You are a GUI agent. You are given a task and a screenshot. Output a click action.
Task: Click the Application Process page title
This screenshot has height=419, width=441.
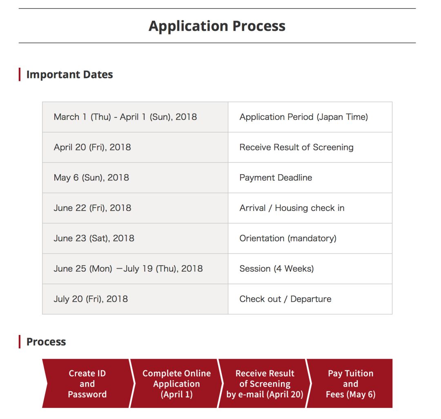click(x=217, y=26)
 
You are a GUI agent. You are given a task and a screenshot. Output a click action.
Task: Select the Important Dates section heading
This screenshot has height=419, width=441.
click(x=69, y=75)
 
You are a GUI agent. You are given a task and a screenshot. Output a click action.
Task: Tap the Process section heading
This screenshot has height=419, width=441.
click(x=46, y=342)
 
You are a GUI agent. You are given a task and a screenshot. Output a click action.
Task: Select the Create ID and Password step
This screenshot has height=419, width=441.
click(x=87, y=384)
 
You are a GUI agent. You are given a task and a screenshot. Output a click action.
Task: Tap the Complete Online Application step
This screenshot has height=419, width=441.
click(x=176, y=384)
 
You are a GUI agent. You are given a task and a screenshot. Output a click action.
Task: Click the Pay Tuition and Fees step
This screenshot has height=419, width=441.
click(x=350, y=384)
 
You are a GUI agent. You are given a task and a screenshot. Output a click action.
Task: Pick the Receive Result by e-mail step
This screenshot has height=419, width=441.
click(x=265, y=384)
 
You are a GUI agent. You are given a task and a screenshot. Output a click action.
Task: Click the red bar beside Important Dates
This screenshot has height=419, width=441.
click(x=20, y=75)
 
